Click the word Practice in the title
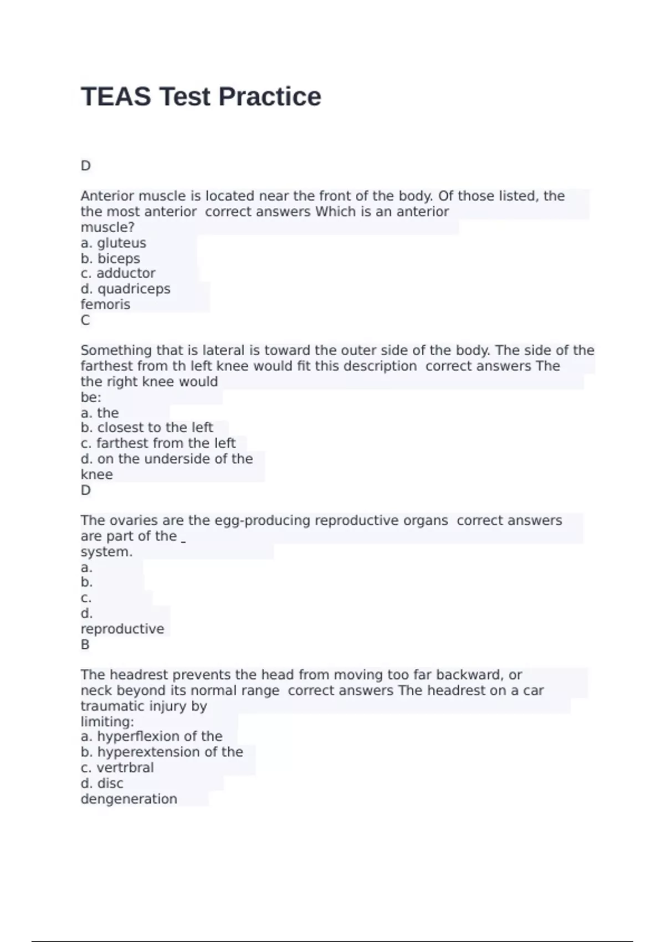(x=269, y=96)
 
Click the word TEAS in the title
(x=116, y=96)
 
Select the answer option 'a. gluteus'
(x=114, y=243)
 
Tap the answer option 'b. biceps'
(x=110, y=258)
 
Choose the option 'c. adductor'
(x=118, y=273)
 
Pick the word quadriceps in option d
(x=134, y=289)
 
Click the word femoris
(x=105, y=304)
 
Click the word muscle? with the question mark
(x=108, y=227)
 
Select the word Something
(x=116, y=350)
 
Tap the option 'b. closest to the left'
(x=147, y=427)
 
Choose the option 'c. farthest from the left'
(x=158, y=443)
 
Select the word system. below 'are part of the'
(x=106, y=552)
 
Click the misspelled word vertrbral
(x=125, y=767)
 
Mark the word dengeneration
(x=129, y=799)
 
